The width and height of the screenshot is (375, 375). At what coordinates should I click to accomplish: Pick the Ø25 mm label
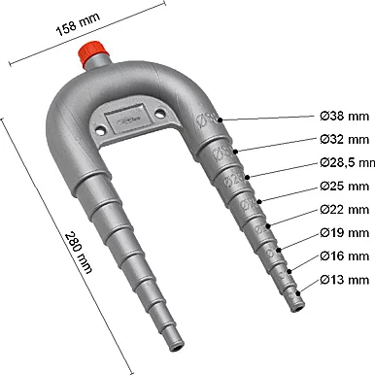click(x=344, y=185)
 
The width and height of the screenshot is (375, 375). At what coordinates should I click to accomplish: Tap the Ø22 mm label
click(x=344, y=209)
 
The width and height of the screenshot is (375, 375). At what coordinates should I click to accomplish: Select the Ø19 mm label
click(x=344, y=233)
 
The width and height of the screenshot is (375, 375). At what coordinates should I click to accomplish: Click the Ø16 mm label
click(x=344, y=256)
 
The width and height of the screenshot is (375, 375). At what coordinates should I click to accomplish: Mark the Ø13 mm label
click(x=344, y=281)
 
